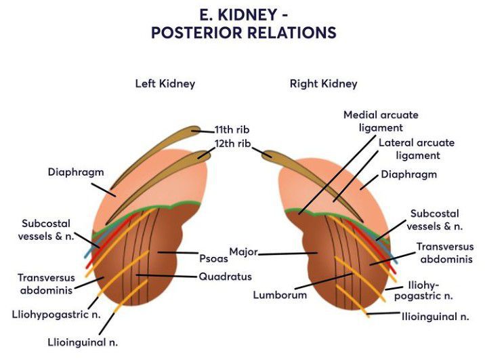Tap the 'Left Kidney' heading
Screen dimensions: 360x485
tap(165, 84)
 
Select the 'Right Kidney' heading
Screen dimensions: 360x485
tap(323, 84)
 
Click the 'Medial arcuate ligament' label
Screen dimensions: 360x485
tap(381, 121)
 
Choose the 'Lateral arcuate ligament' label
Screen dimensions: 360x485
tap(416, 149)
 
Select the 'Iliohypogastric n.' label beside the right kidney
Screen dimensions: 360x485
tap(427, 290)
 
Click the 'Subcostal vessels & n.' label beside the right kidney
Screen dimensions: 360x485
tap(434, 219)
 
